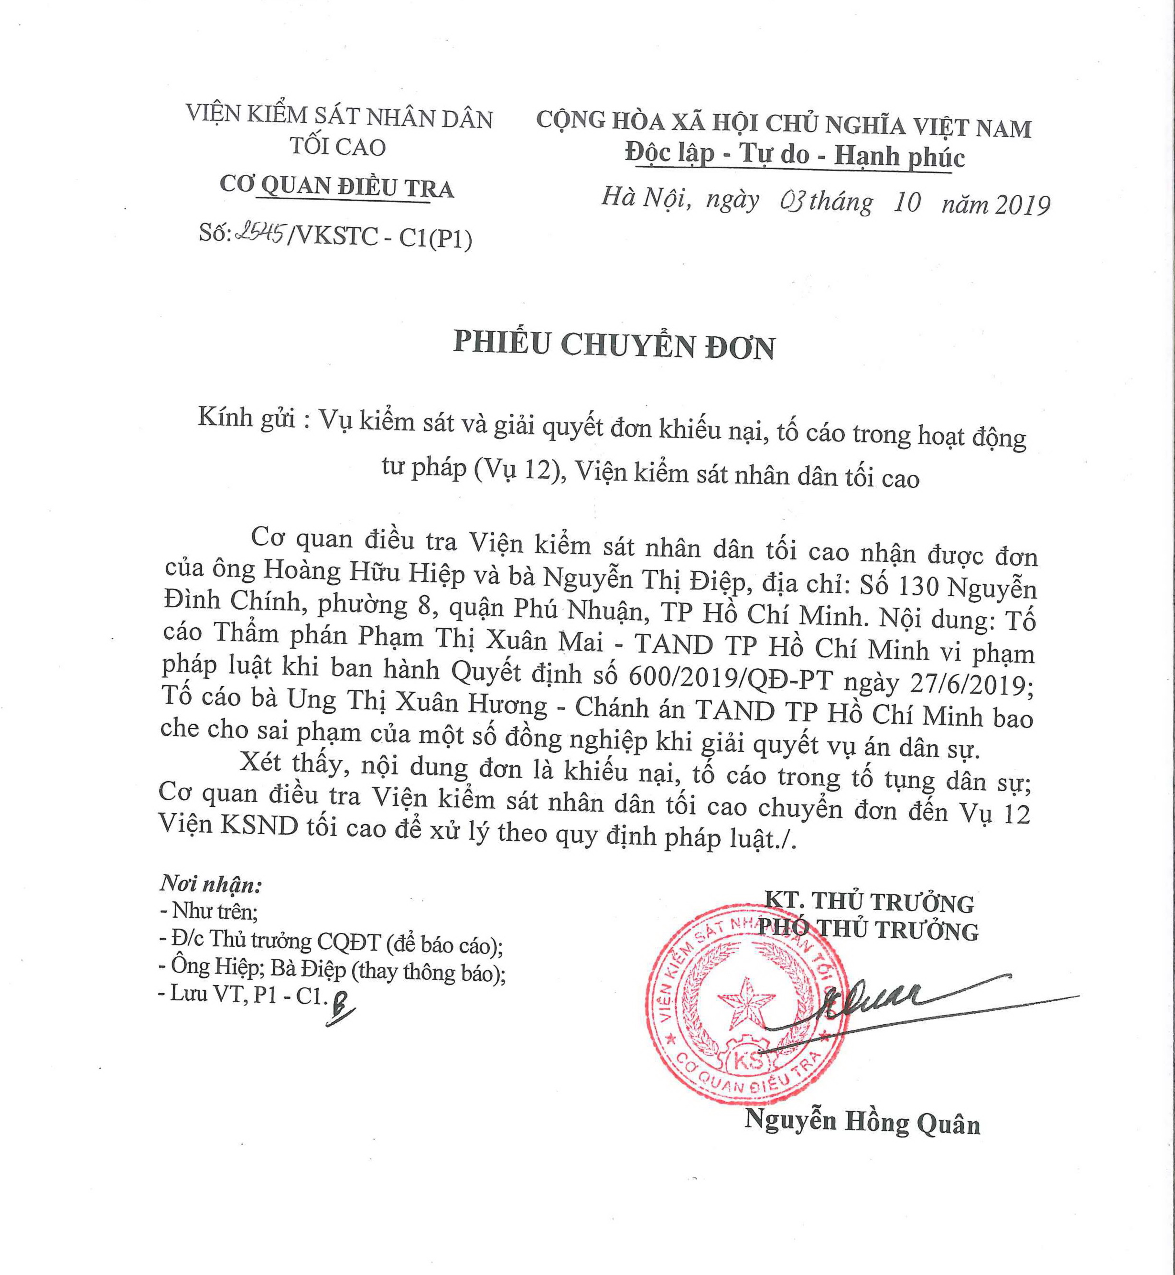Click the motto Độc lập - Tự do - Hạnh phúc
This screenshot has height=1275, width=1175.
[x=795, y=156]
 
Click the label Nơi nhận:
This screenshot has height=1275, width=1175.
[x=210, y=885]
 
